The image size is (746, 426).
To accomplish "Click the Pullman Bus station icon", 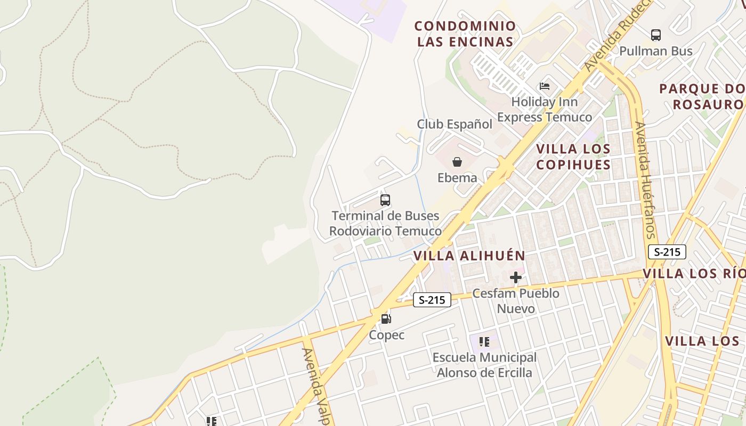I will [656, 35].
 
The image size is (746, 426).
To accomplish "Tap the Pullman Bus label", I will [656, 51].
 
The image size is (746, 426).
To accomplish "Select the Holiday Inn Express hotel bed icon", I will [545, 86].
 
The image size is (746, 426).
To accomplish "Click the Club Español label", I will [455, 124].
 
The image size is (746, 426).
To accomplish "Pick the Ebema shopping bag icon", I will [457, 162].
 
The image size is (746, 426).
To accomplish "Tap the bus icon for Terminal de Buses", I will [385, 200].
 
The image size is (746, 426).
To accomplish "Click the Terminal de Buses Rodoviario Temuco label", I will [385, 224].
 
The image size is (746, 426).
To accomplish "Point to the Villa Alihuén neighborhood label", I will [469, 256].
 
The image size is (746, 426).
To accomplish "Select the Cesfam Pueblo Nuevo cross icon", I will [515, 277].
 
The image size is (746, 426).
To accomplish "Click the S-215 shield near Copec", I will [432, 300].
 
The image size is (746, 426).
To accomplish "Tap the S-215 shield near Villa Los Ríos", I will [667, 252].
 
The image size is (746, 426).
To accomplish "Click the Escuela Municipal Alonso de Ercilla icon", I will [484, 342].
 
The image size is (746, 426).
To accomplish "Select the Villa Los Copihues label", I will [573, 157].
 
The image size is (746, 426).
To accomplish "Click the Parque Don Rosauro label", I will [702, 96].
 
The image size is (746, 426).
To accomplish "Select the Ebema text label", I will [457, 178].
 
